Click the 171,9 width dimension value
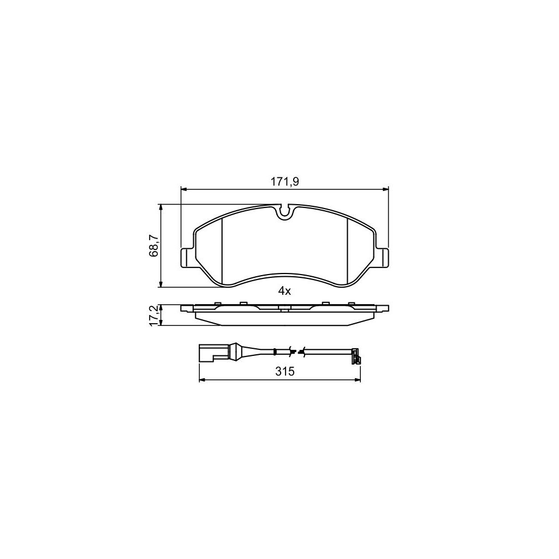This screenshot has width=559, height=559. pos(284,182)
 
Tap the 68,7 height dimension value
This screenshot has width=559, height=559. pos(154,246)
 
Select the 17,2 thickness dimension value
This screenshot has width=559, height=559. pos(154,315)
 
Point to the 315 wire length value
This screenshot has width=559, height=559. pos(285,372)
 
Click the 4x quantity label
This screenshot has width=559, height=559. pos(284,292)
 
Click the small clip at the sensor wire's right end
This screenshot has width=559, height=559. pos(356,356)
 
